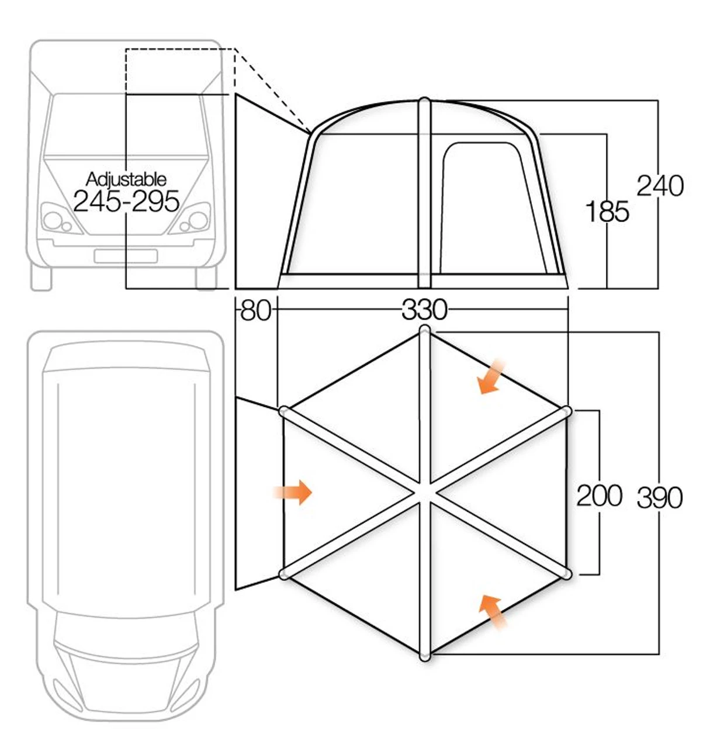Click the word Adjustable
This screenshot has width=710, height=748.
pyautogui.click(x=126, y=179)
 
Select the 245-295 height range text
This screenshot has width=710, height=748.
pyautogui.click(x=126, y=201)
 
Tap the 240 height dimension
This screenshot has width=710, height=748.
pyautogui.click(x=660, y=186)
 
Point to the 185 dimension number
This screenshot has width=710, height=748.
pyautogui.click(x=607, y=212)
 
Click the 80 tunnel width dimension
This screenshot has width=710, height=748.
pyautogui.click(x=256, y=310)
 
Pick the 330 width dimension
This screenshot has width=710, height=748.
pyautogui.click(x=424, y=310)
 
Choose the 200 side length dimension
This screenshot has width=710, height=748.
pyautogui.click(x=600, y=496)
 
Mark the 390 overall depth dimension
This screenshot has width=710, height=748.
pyautogui.click(x=660, y=498)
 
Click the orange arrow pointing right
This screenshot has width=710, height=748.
pyautogui.click(x=293, y=492)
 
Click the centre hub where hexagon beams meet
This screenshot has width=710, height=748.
pyautogui.click(x=425, y=493)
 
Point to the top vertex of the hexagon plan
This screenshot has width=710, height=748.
pyautogui.click(x=425, y=330)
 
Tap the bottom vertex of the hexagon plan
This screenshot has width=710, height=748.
pyautogui.click(x=425, y=656)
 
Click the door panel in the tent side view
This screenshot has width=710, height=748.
pyautogui.click(x=494, y=208)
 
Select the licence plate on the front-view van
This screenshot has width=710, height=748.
pyautogui.click(x=126, y=256)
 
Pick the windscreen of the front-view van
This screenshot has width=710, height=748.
pyautogui.click(x=126, y=124)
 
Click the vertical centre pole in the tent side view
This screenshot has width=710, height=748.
pyautogui.click(x=424, y=193)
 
